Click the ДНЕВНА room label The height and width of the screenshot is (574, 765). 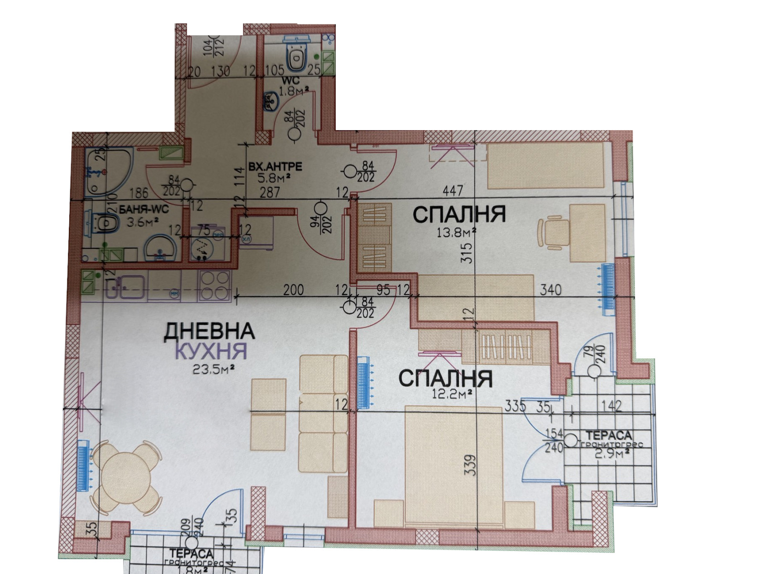(x=209, y=331)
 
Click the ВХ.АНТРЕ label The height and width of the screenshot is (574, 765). (x=275, y=167)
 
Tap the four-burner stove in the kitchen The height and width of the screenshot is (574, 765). (x=214, y=286)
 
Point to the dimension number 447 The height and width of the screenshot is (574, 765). (x=452, y=190)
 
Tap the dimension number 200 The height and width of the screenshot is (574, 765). (x=293, y=290)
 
